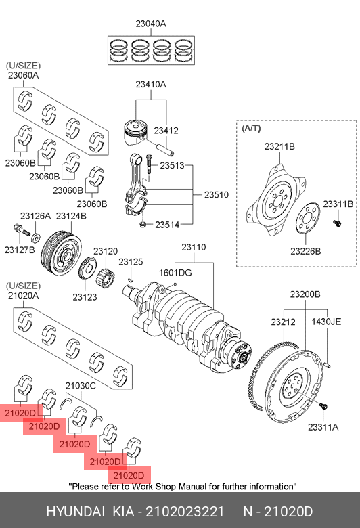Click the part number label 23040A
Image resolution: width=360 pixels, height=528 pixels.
[151, 24]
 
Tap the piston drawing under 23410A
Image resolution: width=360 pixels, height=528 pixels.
[136, 132]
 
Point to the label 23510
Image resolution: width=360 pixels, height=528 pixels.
[217, 195]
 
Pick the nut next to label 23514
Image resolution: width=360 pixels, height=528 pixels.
[143, 224]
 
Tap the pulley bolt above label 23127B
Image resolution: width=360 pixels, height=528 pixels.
[21, 230]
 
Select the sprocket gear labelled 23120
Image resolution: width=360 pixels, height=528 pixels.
[105, 278]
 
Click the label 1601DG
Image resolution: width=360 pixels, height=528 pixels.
[175, 272]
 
